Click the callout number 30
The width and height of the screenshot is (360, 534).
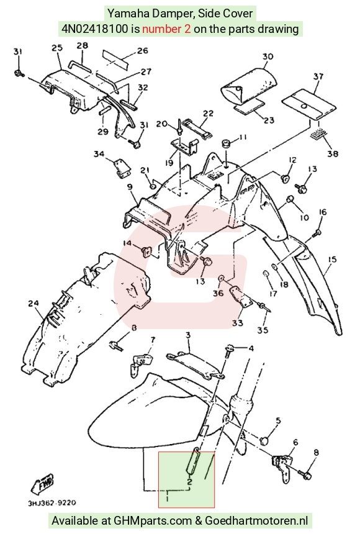tap(268, 56)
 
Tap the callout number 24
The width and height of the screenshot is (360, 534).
tap(34, 303)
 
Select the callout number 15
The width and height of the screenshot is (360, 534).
tap(331, 259)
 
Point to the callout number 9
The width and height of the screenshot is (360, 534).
tap(130, 187)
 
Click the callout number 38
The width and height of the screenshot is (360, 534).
tap(333, 153)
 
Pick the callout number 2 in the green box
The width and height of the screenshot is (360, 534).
tap(190, 482)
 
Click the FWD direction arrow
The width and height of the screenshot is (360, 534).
tap(43, 484)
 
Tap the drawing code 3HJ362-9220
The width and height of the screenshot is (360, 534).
tap(52, 503)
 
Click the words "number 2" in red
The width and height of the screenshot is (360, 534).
tap(166, 29)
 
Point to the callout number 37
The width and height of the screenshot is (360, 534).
tap(318, 76)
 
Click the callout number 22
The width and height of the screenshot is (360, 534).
tap(208, 114)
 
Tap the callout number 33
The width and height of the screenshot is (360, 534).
tap(237, 322)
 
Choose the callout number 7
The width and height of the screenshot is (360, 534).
tap(153, 340)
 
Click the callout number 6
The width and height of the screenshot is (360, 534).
tap(295, 442)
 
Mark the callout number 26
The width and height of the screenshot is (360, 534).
tap(143, 51)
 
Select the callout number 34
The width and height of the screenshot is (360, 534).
tap(99, 154)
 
